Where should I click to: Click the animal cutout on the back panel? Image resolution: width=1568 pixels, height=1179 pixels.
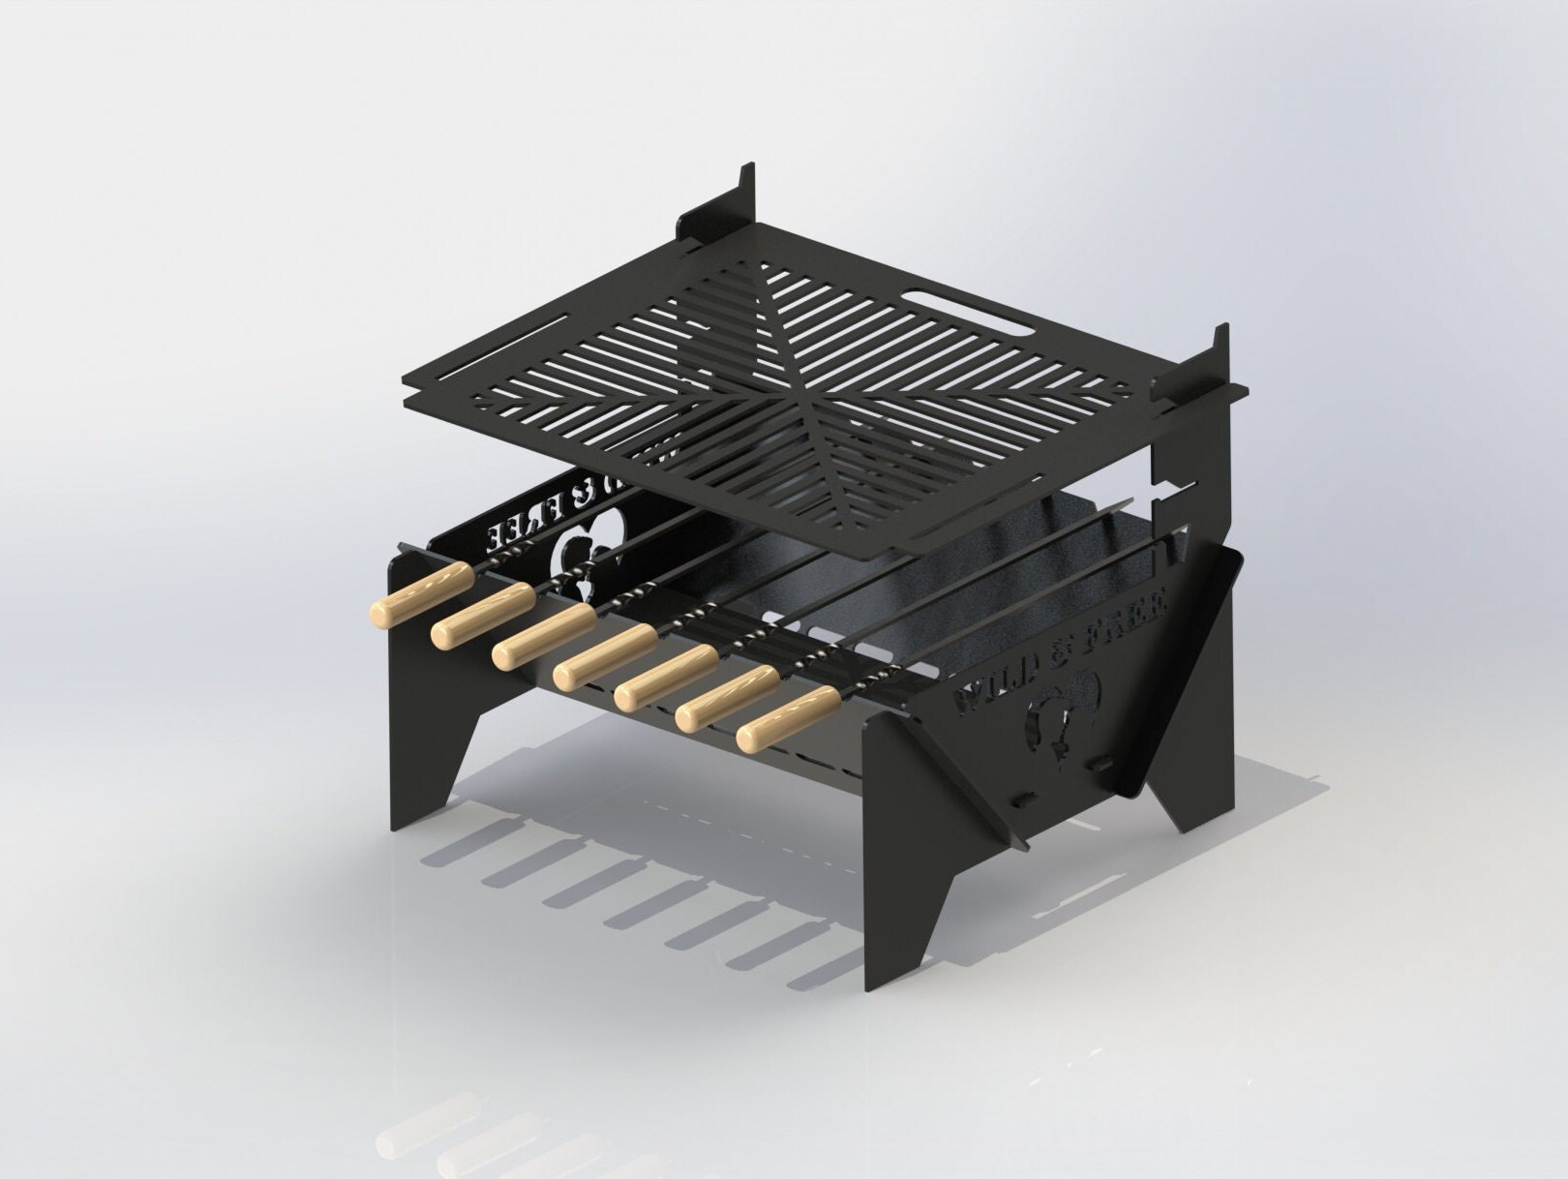click(x=576, y=566)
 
